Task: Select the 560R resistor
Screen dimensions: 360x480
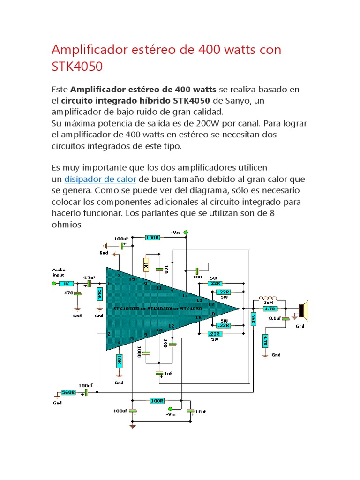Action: pos(68,392)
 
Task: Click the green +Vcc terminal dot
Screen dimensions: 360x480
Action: pos(186,232)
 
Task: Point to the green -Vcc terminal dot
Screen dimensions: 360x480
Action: pos(171,409)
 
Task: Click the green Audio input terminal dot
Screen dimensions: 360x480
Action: pos(53,284)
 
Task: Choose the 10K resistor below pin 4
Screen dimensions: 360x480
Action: pos(119,360)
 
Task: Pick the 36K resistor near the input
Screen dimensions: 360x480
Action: pos(99,294)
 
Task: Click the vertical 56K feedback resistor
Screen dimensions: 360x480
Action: pos(253,320)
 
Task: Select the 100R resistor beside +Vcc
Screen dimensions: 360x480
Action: pos(152,238)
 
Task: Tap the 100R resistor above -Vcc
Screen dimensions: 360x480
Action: pos(157,401)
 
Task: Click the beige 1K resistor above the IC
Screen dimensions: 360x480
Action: pos(146,265)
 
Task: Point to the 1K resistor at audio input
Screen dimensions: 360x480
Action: pos(67,284)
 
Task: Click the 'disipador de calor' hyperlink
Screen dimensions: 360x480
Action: pos(100,179)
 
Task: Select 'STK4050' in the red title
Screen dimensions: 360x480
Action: pos(77,67)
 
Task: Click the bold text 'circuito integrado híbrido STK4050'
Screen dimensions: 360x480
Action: pos(136,100)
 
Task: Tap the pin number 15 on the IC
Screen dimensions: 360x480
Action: pos(132,279)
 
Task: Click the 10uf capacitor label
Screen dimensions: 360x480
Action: pos(200,412)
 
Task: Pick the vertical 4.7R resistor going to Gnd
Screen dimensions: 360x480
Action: pos(265,340)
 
